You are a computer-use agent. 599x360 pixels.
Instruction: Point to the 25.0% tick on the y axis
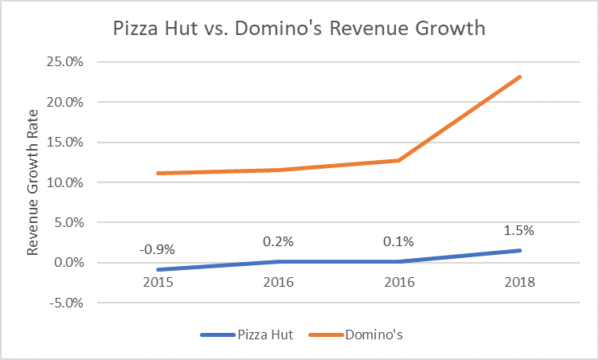tap(76, 62)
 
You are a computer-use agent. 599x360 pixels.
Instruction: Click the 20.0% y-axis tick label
tap(76, 102)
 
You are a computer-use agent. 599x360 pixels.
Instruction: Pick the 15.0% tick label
tap(76, 143)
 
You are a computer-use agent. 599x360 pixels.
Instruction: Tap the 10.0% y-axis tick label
tap(76, 182)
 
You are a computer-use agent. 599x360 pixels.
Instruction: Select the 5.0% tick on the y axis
tap(80, 222)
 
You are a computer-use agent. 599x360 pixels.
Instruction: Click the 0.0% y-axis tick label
tap(80, 263)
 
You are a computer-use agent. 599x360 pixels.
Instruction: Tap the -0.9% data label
tap(157, 249)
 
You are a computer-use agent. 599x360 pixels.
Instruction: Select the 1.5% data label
tap(519, 231)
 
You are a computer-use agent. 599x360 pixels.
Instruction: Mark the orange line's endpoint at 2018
tap(520, 76)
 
